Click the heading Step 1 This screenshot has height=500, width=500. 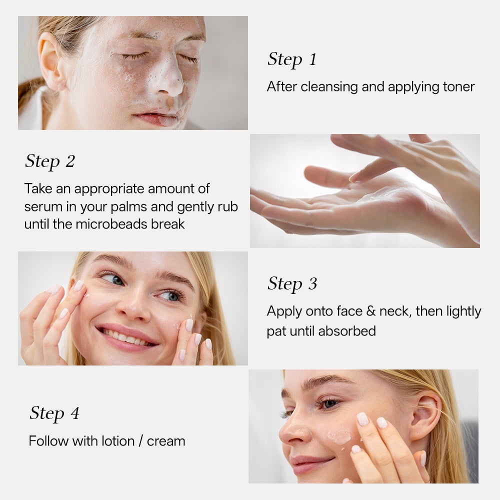(292, 59)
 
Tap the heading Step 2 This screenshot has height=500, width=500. (50, 161)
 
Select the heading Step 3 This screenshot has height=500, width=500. (292, 284)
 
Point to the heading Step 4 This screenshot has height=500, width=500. (54, 413)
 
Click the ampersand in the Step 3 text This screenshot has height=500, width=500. (370, 311)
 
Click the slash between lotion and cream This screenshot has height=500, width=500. (141, 441)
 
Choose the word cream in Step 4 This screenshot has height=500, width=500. (166, 441)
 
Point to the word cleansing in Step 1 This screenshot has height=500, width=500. (329, 87)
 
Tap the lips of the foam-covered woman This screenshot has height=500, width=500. (158, 118)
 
